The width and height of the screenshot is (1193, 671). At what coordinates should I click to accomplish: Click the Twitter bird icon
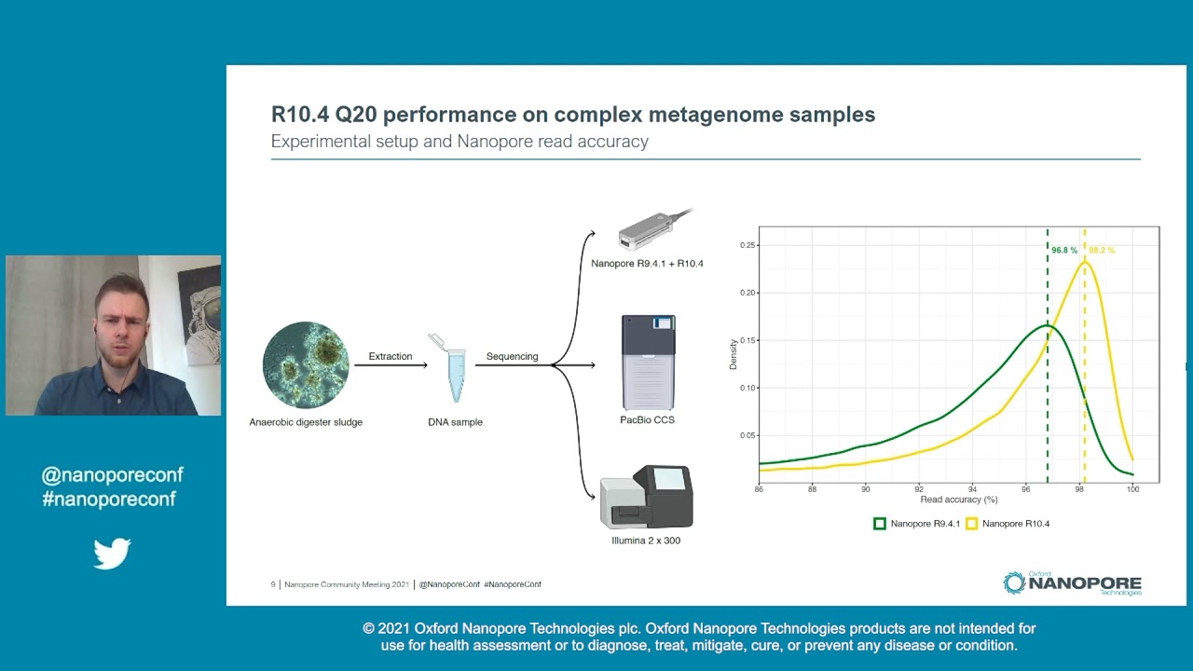pyautogui.click(x=112, y=554)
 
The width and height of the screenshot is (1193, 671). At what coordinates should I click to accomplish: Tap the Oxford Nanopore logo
pyautogui.click(x=1072, y=583)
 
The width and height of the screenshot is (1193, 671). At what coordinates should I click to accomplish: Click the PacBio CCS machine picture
pyautogui.click(x=648, y=363)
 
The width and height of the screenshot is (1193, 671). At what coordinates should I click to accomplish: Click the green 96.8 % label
pyautogui.click(x=1063, y=251)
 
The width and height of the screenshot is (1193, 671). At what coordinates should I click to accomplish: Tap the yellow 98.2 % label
pyautogui.click(x=1101, y=251)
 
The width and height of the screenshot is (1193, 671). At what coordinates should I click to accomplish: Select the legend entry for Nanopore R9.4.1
pyautogui.click(x=917, y=524)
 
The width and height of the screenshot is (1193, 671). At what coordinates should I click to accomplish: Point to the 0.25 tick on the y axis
pyautogui.click(x=747, y=245)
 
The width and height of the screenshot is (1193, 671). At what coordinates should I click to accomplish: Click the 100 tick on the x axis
pyautogui.click(x=1132, y=489)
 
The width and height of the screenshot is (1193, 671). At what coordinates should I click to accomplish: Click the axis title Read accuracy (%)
pyautogui.click(x=959, y=500)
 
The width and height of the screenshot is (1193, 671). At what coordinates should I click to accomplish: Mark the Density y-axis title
pyautogui.click(x=733, y=354)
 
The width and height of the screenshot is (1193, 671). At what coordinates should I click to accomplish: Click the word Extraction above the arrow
pyautogui.click(x=390, y=356)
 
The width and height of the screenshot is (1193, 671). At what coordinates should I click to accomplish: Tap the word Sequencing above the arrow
pyautogui.click(x=512, y=356)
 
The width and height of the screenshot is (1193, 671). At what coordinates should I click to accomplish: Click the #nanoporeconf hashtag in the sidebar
pyautogui.click(x=109, y=499)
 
